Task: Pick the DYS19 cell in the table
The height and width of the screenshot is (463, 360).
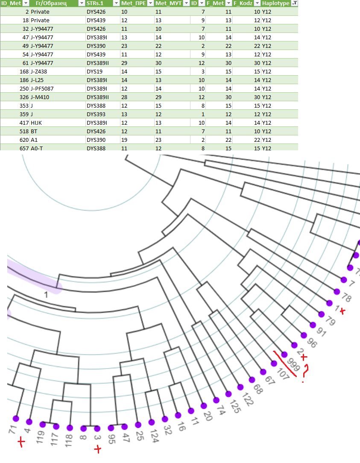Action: pos(94,71)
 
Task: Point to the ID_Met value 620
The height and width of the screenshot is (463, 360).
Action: pos(23,140)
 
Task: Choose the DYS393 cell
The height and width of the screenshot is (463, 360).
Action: pos(96,114)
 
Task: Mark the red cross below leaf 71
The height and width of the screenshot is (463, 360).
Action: pos(20,443)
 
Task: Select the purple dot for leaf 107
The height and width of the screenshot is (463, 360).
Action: pos(274,363)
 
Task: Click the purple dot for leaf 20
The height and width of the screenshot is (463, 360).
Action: pos(204,406)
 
